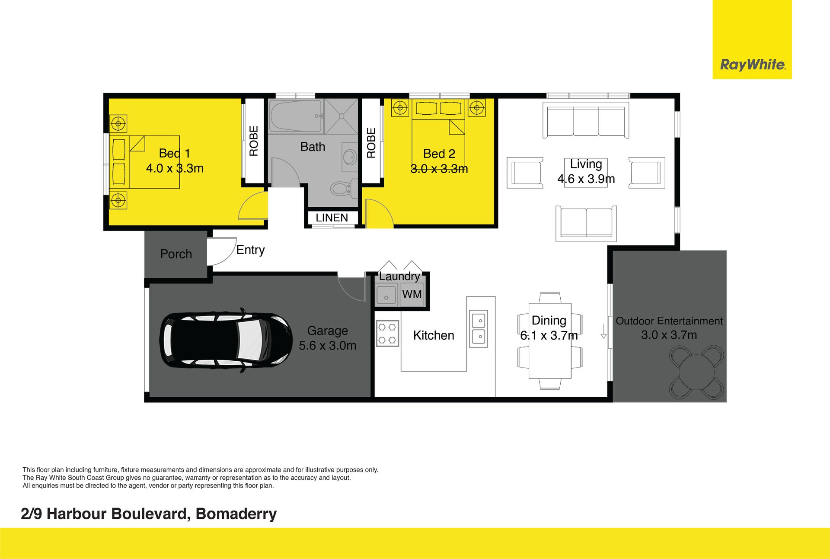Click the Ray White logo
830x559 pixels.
(x=752, y=65)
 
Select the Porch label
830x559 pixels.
(x=176, y=254)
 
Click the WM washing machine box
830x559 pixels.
(x=412, y=295)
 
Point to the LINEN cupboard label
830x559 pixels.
(x=332, y=218)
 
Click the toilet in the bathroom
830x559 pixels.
(x=342, y=188)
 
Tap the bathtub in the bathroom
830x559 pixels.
(x=296, y=116)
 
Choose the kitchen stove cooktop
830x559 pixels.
(x=387, y=333)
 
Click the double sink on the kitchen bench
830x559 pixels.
(x=479, y=328)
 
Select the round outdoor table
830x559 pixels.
(x=696, y=372)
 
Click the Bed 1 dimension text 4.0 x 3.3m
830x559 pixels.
(x=175, y=168)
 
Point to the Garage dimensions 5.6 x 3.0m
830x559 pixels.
(x=328, y=346)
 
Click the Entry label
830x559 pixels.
(x=250, y=250)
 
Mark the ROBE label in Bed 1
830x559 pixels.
(x=254, y=141)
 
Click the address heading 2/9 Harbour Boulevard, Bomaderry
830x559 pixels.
(x=149, y=514)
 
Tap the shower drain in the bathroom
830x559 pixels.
(x=342, y=116)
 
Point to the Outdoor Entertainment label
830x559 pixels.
(x=669, y=321)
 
